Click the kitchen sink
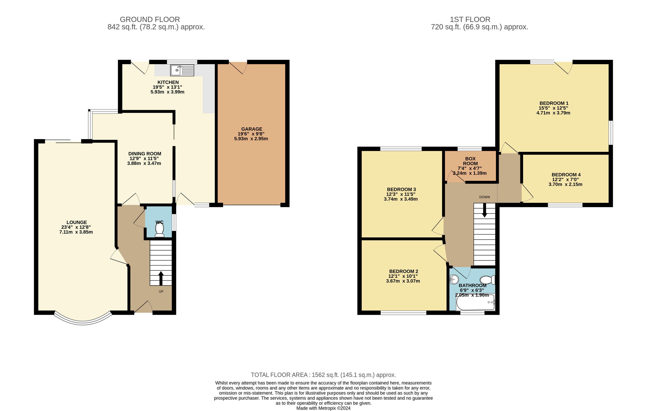[x=182, y=70]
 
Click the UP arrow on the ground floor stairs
[x=161, y=278]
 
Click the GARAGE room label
[x=251, y=129]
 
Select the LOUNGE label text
[x=77, y=222]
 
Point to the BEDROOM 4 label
[x=566, y=175]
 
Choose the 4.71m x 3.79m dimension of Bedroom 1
[x=553, y=113]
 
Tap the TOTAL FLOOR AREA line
[x=323, y=375]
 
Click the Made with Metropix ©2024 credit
[x=323, y=408]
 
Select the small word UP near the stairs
[x=161, y=291]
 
